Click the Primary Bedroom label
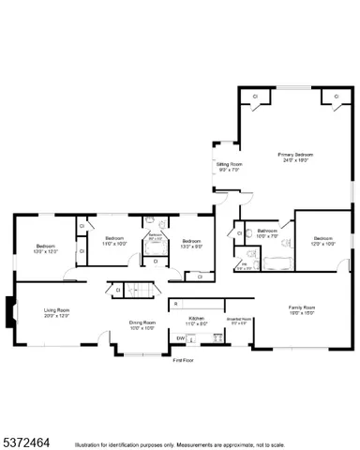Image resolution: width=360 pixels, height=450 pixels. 294,157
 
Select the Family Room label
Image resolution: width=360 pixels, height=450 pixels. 301,310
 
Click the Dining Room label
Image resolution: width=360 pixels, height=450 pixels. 142,324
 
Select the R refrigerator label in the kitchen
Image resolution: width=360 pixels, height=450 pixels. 175,304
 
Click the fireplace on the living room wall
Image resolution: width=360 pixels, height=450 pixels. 8,311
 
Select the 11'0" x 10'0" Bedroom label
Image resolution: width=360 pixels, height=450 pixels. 114,241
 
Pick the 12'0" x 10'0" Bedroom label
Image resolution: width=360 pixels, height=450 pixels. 323,241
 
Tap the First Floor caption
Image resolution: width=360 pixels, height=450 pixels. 182,359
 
